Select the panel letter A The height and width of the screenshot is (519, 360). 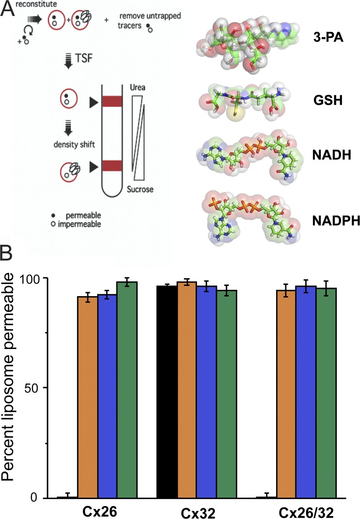(8, 10)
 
